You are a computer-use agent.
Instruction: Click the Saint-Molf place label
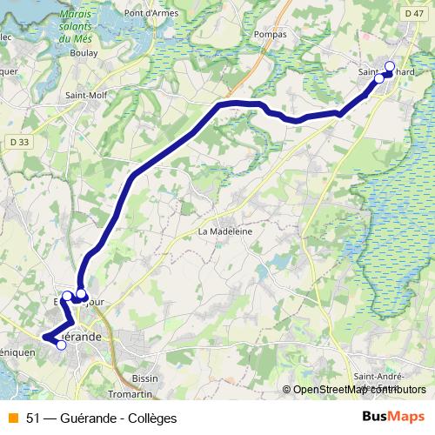(x=85, y=97)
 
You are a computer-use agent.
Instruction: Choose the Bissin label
(x=145, y=378)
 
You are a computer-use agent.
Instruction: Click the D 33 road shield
(x=20, y=141)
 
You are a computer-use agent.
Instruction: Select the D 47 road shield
(x=414, y=13)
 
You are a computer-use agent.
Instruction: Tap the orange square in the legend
(x=12, y=418)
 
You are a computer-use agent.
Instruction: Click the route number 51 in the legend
(x=33, y=418)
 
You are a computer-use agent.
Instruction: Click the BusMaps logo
(x=393, y=417)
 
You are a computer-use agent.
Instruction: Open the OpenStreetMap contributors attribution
(x=359, y=389)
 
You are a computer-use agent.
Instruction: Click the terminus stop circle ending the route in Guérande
(x=61, y=345)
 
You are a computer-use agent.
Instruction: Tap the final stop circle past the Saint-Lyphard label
(x=389, y=66)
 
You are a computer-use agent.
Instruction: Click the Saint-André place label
(x=377, y=377)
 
